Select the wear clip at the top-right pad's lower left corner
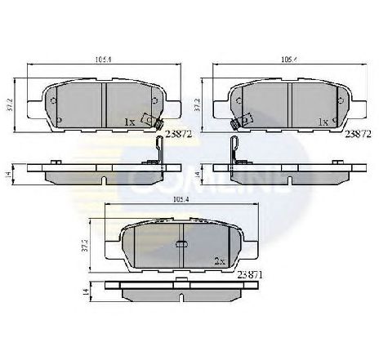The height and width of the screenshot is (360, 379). pos(239,122)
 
